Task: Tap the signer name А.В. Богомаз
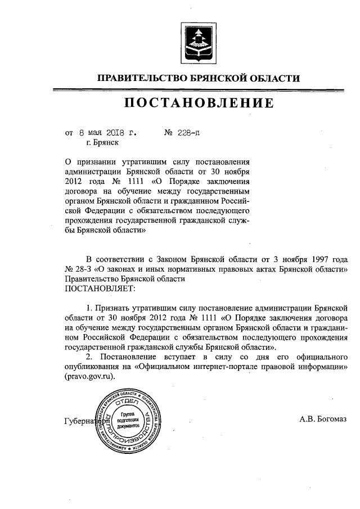coord(323,418)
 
